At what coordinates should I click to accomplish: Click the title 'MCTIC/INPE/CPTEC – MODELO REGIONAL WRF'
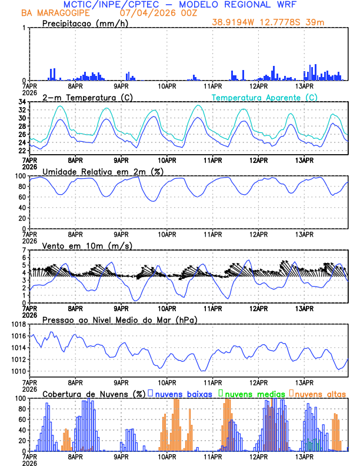click(x=179, y=5)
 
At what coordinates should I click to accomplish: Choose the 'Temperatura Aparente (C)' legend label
click(x=265, y=97)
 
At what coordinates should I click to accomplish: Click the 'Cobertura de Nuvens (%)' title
click(x=94, y=394)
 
